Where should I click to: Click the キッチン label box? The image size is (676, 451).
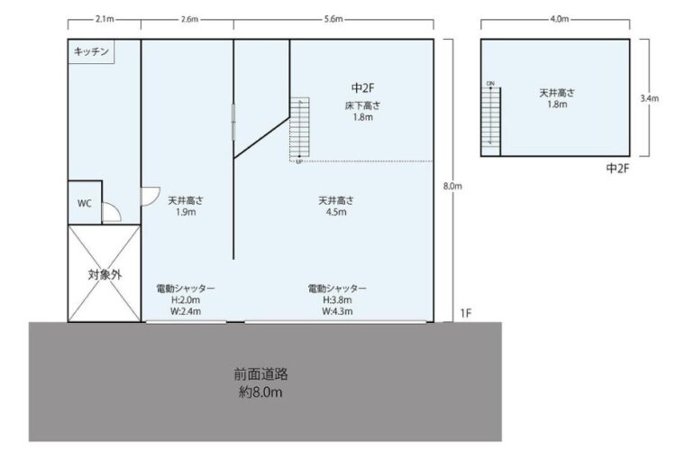tap(91, 51)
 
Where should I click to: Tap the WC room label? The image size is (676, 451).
tap(85, 203)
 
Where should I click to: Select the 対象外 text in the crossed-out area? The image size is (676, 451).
tap(105, 274)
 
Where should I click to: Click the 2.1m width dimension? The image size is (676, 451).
tap(105, 20)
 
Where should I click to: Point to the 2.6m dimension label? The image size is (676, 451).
tap(189, 20)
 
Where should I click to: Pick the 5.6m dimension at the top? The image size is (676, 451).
tap(333, 20)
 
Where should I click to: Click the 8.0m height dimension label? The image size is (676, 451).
tap(452, 187)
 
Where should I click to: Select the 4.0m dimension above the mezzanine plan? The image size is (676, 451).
tap(559, 20)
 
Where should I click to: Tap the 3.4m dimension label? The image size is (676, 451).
tap(649, 98)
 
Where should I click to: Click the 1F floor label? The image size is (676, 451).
tap(466, 313)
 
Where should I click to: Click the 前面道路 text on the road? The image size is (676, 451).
tap(260, 373)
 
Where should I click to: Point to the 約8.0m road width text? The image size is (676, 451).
tap(260, 391)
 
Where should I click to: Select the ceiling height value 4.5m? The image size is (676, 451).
tap(336, 212)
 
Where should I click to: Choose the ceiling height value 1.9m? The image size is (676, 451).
tap(186, 212)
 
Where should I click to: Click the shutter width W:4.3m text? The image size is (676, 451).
tap(337, 311)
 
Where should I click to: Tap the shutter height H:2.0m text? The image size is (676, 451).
tap(186, 300)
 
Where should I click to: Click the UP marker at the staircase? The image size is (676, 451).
tap(298, 161)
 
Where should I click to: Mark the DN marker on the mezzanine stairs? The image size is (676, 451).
tap(490, 83)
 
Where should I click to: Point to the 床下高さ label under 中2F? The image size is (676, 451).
tap(362, 106)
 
